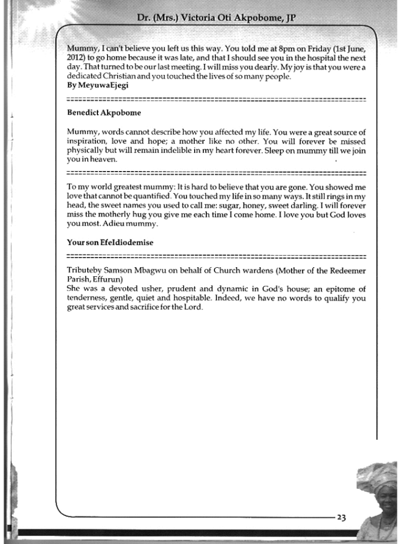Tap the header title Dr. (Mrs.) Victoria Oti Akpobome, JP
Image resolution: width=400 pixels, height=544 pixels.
click(x=216, y=18)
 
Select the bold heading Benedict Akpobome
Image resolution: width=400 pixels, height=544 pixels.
click(x=104, y=113)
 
